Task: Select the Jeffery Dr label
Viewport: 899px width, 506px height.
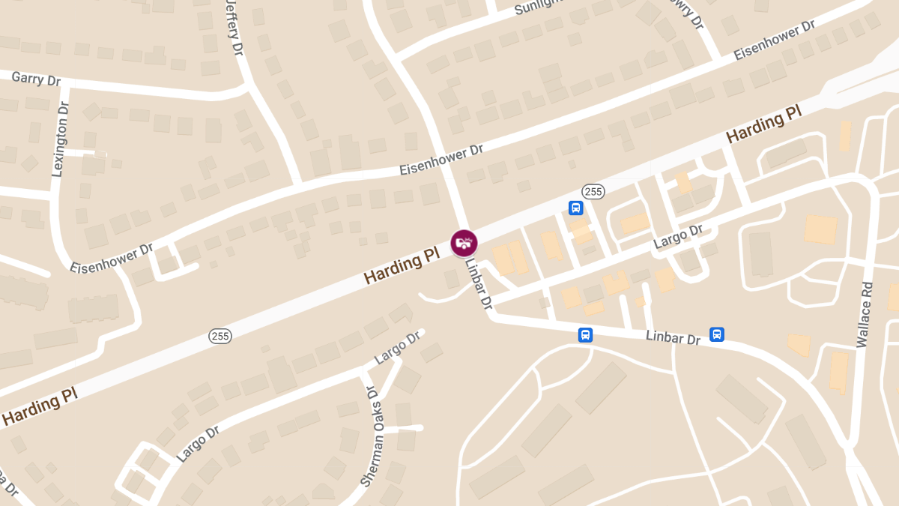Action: [x=234, y=28]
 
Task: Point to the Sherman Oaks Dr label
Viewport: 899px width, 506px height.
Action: [x=371, y=437]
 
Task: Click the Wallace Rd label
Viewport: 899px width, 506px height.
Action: [x=865, y=314]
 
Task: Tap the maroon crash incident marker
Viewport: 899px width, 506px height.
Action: [x=464, y=243]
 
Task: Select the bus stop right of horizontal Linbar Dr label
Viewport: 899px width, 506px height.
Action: [x=716, y=334]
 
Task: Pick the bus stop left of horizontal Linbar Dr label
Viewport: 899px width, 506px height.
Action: [x=585, y=334]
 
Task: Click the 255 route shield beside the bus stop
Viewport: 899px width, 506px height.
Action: [x=593, y=192]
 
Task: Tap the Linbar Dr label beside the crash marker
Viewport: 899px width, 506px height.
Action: [x=478, y=284]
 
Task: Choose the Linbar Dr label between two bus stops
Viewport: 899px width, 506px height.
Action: [x=673, y=338]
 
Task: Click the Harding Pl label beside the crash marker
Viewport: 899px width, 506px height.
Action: [x=402, y=267]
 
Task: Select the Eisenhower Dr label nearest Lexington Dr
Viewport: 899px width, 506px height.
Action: [x=112, y=257]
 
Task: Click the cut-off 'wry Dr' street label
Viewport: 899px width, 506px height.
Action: [x=688, y=14]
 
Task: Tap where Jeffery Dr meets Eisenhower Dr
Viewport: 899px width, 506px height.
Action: [x=299, y=183]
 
